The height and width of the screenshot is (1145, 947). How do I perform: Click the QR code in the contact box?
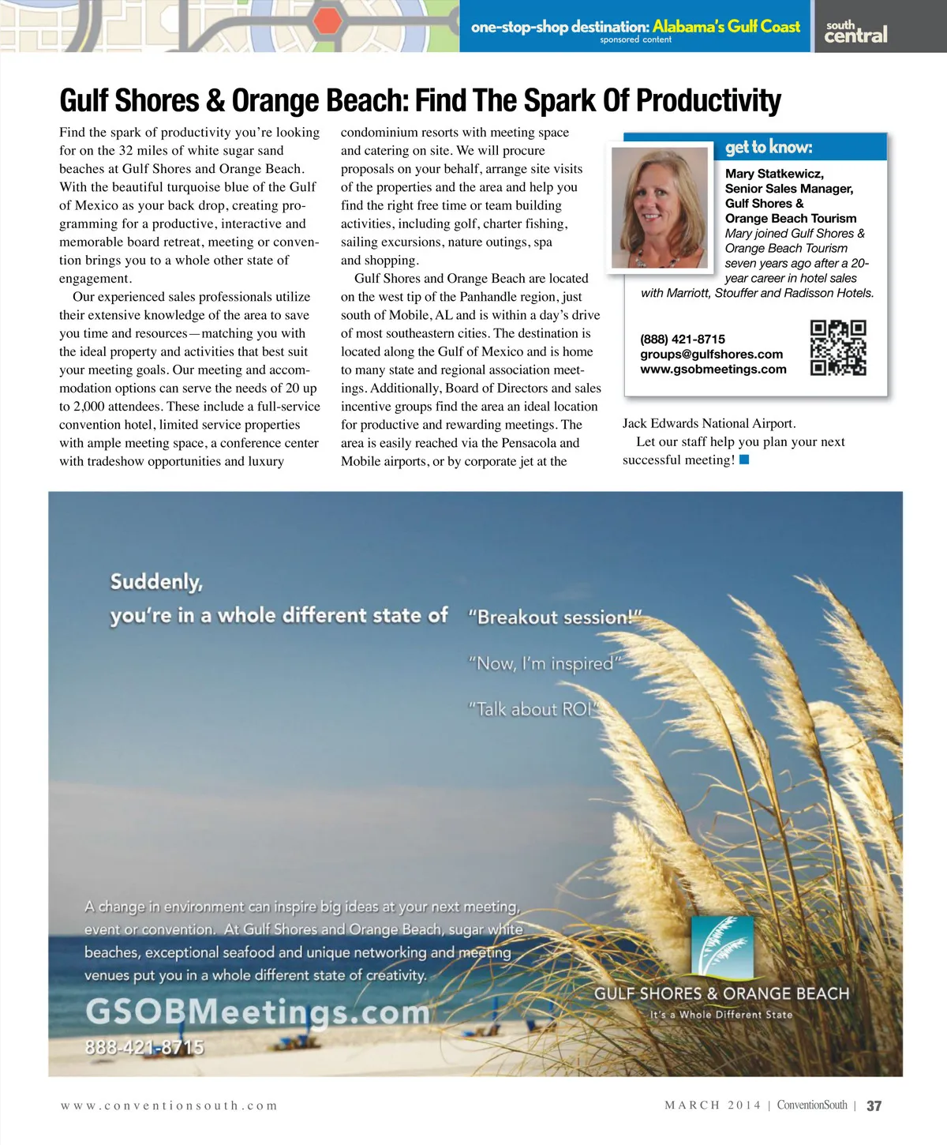click(838, 347)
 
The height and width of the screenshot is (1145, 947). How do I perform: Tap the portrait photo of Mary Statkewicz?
click(660, 208)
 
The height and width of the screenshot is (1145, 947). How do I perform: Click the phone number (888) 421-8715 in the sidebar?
click(683, 339)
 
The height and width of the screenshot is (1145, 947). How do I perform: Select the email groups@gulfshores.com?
click(711, 354)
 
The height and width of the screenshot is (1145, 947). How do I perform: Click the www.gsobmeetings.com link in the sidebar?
click(713, 369)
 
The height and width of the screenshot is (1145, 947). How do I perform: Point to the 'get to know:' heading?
click(768, 147)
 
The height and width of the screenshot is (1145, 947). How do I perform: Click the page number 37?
click(874, 1106)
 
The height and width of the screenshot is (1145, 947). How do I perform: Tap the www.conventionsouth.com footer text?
click(169, 1106)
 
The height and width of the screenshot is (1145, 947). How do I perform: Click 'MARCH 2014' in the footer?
click(713, 1106)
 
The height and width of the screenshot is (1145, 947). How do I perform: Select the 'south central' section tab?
click(855, 31)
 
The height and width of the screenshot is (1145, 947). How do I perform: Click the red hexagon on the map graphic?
click(325, 21)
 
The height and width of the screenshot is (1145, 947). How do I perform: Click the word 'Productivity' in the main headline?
click(708, 101)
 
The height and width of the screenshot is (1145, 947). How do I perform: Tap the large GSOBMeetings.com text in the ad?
click(257, 1012)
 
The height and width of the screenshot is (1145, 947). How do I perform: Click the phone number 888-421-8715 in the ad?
click(144, 1047)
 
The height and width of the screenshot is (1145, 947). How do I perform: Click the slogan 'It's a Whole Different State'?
click(721, 1015)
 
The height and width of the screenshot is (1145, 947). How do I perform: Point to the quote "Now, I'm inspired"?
click(545, 663)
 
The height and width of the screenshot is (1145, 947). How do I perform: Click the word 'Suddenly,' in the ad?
click(156, 582)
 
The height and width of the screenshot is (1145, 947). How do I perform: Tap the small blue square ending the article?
click(744, 460)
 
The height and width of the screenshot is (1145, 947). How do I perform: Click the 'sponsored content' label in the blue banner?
click(635, 39)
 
